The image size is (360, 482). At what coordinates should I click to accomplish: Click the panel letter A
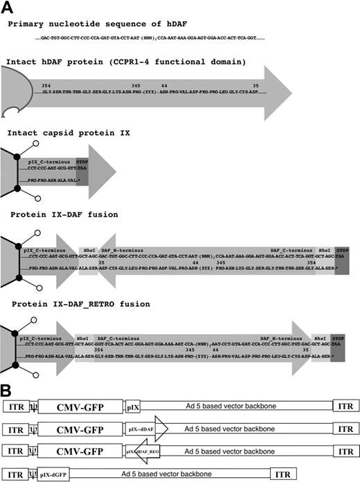[9, 9]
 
